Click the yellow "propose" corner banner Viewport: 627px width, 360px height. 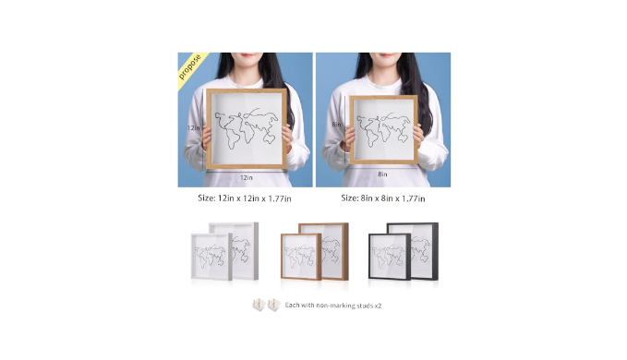click(x=190, y=66)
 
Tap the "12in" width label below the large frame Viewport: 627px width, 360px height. click(x=247, y=177)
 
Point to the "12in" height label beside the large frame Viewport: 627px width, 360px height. click(x=194, y=128)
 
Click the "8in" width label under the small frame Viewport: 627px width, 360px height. click(x=382, y=174)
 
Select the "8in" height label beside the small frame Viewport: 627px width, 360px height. click(x=336, y=125)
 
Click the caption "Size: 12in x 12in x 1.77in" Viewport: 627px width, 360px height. click(x=245, y=198)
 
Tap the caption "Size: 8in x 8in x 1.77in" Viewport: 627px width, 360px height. click(x=383, y=198)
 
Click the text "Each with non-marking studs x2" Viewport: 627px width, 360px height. click(x=333, y=306)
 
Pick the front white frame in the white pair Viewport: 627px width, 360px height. click(x=211, y=257)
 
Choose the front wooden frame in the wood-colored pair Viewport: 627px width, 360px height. click(x=301, y=257)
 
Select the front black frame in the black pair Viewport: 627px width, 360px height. click(x=389, y=257)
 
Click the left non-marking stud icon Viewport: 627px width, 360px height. click(x=259, y=306)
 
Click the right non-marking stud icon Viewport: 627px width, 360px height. click(x=274, y=306)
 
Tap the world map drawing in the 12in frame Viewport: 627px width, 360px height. click(x=247, y=128)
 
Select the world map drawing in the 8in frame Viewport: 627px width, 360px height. click(x=383, y=129)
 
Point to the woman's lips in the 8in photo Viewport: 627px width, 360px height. click(x=385, y=55)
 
